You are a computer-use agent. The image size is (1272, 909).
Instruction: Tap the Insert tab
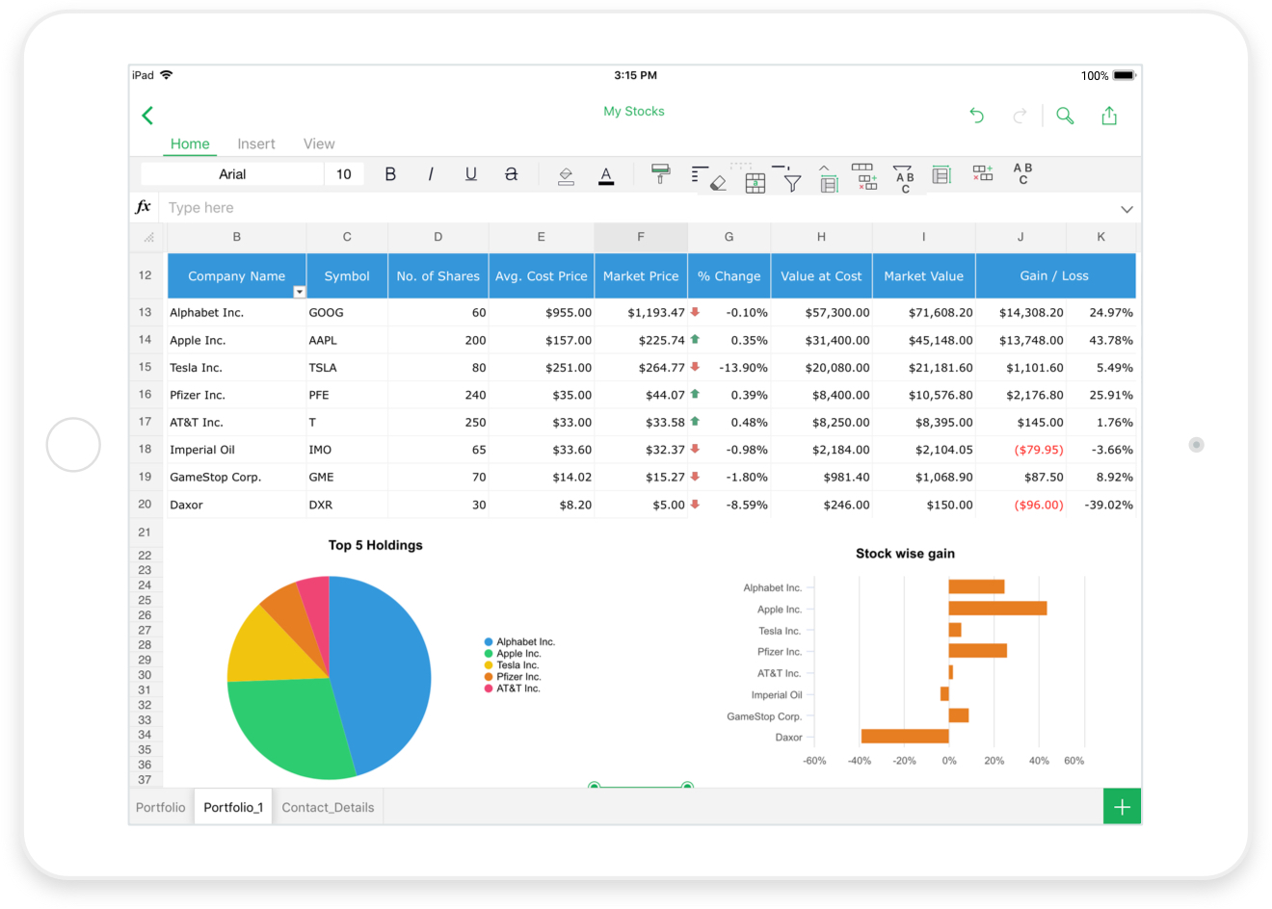coord(256,143)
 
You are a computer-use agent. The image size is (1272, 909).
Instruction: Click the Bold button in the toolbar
coord(390,174)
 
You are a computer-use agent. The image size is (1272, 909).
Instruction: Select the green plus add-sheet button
coord(1122,807)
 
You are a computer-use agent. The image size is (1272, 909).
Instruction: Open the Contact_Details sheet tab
coord(328,807)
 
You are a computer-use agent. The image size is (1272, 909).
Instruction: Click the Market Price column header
coord(641,275)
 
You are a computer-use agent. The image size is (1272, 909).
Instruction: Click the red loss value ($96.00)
coord(1038,505)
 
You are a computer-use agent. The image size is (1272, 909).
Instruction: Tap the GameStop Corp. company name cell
coord(215,477)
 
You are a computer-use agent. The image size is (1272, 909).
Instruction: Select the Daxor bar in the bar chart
coord(904,737)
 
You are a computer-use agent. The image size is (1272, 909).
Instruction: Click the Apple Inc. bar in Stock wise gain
coord(997,609)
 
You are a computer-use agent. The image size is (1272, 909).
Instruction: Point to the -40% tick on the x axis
coord(859,761)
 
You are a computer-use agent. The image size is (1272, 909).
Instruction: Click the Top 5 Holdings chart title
coord(375,545)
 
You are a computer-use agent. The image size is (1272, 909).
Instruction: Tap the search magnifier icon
coord(1065,116)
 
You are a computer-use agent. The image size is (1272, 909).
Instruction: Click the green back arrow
coord(147,116)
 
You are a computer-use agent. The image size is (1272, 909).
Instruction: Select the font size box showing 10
coord(344,174)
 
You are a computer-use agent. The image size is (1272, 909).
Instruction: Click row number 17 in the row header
coord(145,422)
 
